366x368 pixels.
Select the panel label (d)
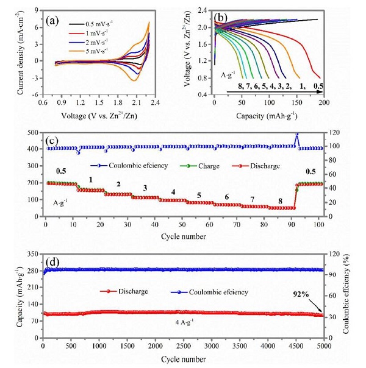(x=54, y=263)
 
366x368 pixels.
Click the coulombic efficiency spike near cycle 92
(x=297, y=135)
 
